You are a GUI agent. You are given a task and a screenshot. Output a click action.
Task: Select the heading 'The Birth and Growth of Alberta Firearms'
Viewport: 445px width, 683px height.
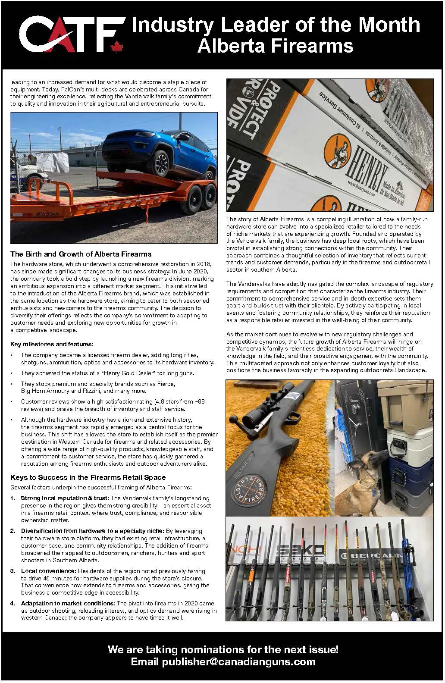point(81,254)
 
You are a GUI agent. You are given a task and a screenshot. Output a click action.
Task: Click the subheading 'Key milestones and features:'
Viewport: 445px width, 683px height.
point(51,344)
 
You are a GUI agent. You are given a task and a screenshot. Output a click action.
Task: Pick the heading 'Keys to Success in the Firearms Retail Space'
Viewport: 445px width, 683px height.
point(88,477)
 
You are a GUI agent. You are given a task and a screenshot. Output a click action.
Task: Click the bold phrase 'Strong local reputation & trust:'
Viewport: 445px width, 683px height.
point(65,498)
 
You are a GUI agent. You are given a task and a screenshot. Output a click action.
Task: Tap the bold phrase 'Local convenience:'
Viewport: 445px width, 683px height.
point(48,571)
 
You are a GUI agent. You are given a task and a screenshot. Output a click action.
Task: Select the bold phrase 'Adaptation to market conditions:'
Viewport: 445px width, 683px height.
point(68,603)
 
